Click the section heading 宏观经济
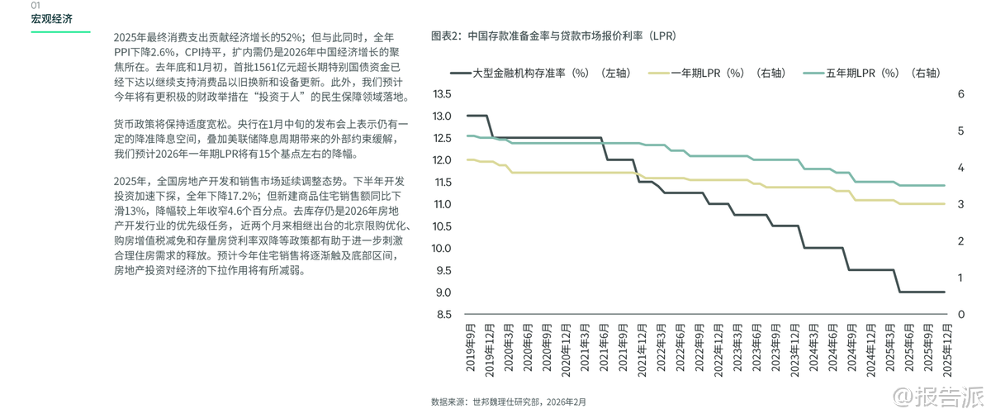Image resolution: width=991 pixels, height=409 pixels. tap(51, 20)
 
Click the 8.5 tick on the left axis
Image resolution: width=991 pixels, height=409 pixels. tap(443, 315)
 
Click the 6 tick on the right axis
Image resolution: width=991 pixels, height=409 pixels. tap(960, 94)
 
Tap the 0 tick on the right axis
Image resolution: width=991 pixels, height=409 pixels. tap(960, 315)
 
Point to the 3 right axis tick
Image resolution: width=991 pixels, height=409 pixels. tap(960, 204)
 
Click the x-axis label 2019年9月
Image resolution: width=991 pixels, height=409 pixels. tap(470, 348)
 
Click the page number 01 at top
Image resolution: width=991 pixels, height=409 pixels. tap(36, 5)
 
